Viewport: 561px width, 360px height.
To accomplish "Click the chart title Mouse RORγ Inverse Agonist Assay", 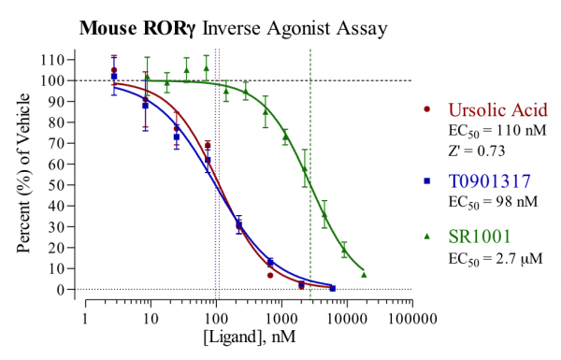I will point(233,27).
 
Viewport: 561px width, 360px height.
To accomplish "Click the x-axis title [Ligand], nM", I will point(249,342).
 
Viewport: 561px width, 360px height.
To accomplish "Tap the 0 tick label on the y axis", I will point(71,290).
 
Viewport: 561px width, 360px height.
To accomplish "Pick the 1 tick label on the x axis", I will point(85,317).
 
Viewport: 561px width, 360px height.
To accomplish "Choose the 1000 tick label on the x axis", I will point(281,317).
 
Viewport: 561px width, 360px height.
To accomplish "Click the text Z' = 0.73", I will point(476,149).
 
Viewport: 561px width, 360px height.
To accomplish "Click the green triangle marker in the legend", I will point(427,237).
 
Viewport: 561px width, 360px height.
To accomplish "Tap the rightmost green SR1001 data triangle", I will point(364,274).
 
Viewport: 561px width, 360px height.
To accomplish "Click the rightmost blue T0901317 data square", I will point(332,288).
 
